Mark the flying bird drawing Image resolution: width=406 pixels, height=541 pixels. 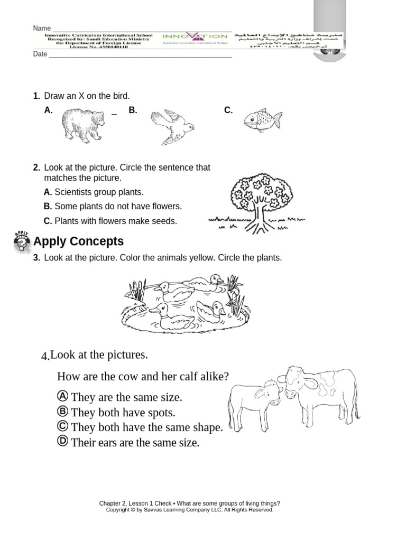click(x=172, y=127)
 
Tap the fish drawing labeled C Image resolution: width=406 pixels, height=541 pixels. click(x=262, y=121)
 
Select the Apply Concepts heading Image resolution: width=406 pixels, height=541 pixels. click(x=78, y=241)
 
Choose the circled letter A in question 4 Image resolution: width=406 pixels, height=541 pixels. click(x=62, y=396)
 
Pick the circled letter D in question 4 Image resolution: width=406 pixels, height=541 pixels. click(x=62, y=442)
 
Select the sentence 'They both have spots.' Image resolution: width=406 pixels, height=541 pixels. click(x=123, y=413)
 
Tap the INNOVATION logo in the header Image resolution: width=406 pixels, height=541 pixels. click(x=196, y=37)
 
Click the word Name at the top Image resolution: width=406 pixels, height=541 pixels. click(x=42, y=29)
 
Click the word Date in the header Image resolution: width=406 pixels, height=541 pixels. click(x=40, y=54)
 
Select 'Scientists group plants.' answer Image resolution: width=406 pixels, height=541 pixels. click(x=99, y=192)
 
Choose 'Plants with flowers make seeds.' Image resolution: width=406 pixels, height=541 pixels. click(x=115, y=221)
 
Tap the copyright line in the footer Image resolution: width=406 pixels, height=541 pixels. click(x=189, y=510)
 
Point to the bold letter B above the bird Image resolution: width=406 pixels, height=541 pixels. click(x=133, y=110)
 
